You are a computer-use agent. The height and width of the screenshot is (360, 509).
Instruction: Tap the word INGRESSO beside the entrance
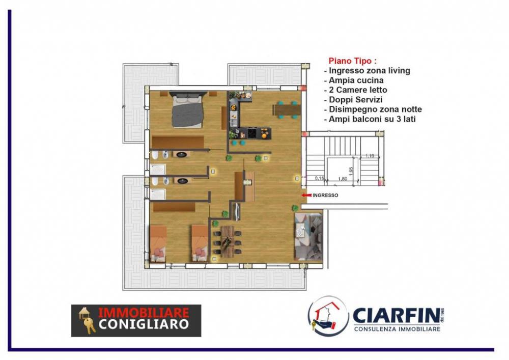(x=325, y=195)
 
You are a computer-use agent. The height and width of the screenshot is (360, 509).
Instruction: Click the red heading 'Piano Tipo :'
(x=352, y=60)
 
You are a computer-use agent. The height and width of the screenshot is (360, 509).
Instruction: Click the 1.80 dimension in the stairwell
(x=342, y=179)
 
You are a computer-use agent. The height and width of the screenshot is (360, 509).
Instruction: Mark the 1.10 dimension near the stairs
(x=370, y=156)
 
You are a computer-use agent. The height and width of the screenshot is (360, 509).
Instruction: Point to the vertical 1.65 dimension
(x=351, y=170)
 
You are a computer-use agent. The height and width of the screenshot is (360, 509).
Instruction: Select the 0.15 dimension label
(x=320, y=178)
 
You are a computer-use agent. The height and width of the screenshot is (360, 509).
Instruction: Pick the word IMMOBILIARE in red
(x=143, y=312)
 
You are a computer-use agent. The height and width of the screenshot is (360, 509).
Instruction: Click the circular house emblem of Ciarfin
(x=328, y=316)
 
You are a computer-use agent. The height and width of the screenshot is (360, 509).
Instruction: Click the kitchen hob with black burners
(x=252, y=134)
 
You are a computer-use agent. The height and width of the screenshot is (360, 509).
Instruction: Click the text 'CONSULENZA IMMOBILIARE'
(x=397, y=330)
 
